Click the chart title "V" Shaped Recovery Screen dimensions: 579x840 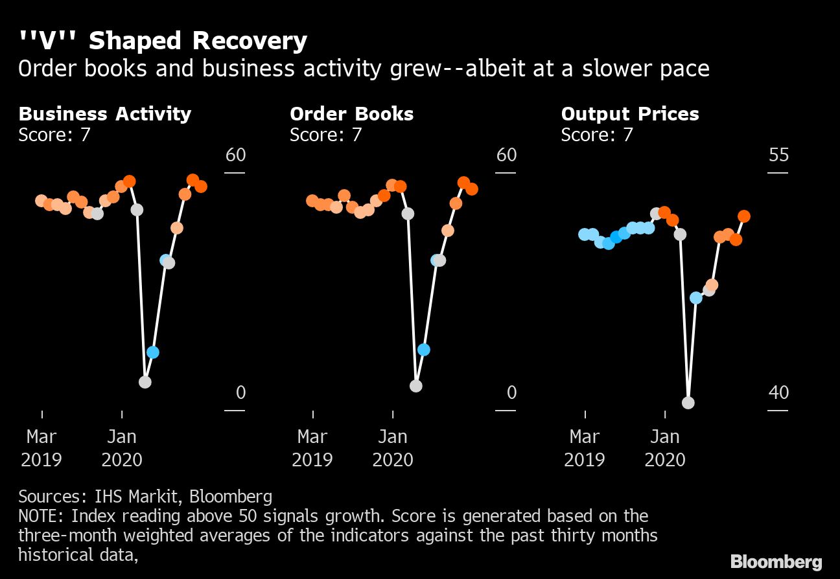pyautogui.click(x=163, y=41)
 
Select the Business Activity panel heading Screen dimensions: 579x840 pyautogui.click(x=105, y=114)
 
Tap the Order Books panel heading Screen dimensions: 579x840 pyautogui.click(x=351, y=114)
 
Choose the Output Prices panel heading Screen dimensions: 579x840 pyautogui.click(x=630, y=114)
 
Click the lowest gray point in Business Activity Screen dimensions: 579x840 pyautogui.click(x=145, y=382)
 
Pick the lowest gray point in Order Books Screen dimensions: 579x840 pyautogui.click(x=416, y=386)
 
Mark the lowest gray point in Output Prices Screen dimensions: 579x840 pyautogui.click(x=688, y=403)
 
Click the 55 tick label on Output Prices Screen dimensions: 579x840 pyautogui.click(x=778, y=155)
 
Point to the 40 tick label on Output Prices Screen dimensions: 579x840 pyautogui.click(x=778, y=392)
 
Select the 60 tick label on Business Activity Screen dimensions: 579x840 pyautogui.click(x=235, y=155)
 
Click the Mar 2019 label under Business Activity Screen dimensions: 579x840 pyautogui.click(x=41, y=448)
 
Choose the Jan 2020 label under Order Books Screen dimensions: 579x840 pyautogui.click(x=393, y=448)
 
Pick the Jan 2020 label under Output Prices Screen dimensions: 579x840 pyautogui.click(x=665, y=448)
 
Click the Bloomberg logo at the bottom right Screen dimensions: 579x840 pyautogui.click(x=776, y=562)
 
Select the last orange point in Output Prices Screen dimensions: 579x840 pyautogui.click(x=745, y=216)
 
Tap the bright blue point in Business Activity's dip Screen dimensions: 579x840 pyautogui.click(x=153, y=352)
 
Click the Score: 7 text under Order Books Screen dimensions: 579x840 pyautogui.click(x=325, y=135)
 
